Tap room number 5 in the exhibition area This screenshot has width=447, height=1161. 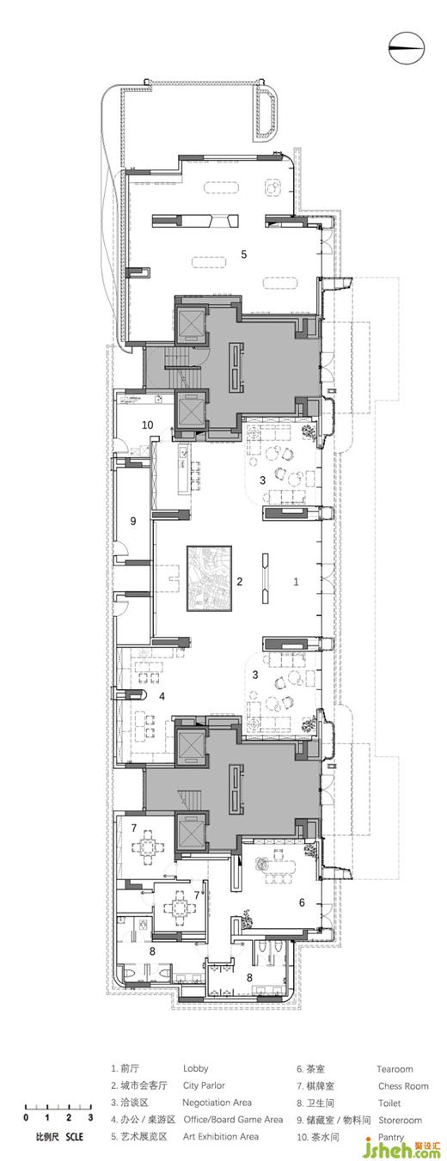coord(244,254)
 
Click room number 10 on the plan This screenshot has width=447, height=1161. coord(148,425)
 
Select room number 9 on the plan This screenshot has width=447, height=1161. coord(133,521)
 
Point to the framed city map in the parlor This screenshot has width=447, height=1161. coord(209,577)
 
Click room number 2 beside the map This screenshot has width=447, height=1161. coord(240,581)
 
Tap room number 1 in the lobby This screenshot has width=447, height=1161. coord(296,582)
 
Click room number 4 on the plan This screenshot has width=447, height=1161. coord(162,696)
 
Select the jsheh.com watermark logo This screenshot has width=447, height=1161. coord(406,1146)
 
